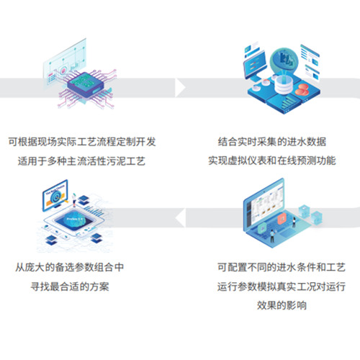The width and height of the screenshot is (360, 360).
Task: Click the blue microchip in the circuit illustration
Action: (86, 84)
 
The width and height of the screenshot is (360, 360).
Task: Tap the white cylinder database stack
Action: (284, 85)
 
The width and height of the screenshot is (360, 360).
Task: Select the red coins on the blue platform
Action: (302, 90)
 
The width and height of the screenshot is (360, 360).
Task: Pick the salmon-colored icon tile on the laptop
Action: (282, 219)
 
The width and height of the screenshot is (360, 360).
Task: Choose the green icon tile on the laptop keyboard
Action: (262, 228)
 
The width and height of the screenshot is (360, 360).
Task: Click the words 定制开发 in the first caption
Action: (136, 142)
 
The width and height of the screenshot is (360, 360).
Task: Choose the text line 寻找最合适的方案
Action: (70, 287)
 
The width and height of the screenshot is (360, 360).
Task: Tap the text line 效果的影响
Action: (282, 305)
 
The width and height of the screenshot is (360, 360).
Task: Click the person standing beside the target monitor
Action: (74, 200)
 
